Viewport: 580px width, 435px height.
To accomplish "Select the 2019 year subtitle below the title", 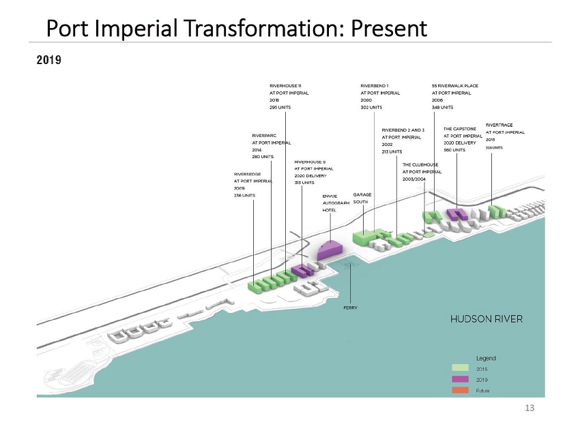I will (x=48, y=61).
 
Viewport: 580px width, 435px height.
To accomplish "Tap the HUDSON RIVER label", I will (x=486, y=318).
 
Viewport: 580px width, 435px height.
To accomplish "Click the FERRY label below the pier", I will (x=350, y=307).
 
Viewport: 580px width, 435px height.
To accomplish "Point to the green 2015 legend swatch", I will (x=461, y=369).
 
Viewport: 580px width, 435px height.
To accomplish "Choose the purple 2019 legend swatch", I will (x=461, y=379).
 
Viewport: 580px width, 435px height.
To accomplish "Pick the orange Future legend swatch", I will (x=461, y=389).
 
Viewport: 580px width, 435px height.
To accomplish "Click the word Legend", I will (x=485, y=358).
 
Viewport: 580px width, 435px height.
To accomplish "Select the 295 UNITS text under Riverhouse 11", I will (x=282, y=107).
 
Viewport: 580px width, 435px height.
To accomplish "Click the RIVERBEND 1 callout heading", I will (x=374, y=85).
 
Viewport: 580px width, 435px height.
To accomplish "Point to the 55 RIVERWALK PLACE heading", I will (x=455, y=85).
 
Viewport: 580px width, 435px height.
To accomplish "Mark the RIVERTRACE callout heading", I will (x=499, y=125).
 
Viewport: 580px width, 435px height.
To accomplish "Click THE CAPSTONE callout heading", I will (x=459, y=128).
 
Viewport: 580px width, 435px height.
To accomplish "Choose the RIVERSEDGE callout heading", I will (x=247, y=175).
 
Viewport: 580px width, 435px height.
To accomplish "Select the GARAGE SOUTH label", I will (x=362, y=198).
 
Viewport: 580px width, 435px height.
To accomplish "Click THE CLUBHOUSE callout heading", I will (x=420, y=165).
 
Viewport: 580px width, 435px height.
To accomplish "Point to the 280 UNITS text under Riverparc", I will (x=263, y=157).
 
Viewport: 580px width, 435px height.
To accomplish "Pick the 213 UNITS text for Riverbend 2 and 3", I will (x=393, y=152).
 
